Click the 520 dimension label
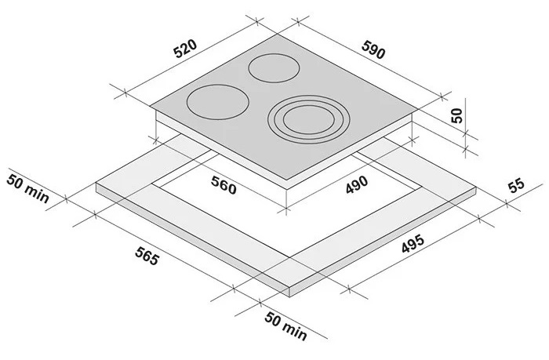[x=186, y=49]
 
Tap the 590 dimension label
[x=373, y=49]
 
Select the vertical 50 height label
[x=456, y=115]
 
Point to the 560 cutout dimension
[x=224, y=185]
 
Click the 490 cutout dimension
[x=357, y=184]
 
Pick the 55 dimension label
[x=516, y=186]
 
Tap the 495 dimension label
[x=413, y=243]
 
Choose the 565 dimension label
[x=147, y=256]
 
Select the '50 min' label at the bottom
[x=285, y=325]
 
